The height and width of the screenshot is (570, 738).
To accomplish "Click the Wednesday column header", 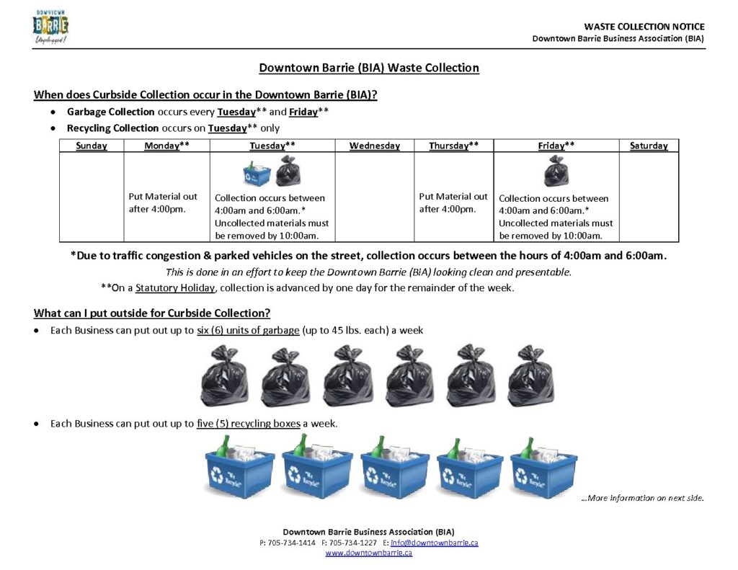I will coord(374,146).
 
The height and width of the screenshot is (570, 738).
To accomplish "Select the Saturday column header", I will coord(648,146).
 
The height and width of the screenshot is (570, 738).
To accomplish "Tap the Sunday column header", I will coord(92,146).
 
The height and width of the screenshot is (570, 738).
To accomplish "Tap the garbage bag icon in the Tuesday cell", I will coord(288,172).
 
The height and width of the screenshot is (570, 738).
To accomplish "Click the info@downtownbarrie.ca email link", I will coord(435,542).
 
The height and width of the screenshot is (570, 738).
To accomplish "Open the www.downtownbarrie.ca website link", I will coord(368,553).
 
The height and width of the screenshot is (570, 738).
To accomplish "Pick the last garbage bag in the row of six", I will coord(530,375).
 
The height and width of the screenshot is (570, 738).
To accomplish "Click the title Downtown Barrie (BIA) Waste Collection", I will coord(368,68).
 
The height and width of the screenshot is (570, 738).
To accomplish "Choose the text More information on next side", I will coord(642,498).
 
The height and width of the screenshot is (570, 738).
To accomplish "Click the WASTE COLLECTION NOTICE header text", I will coord(644,27).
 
